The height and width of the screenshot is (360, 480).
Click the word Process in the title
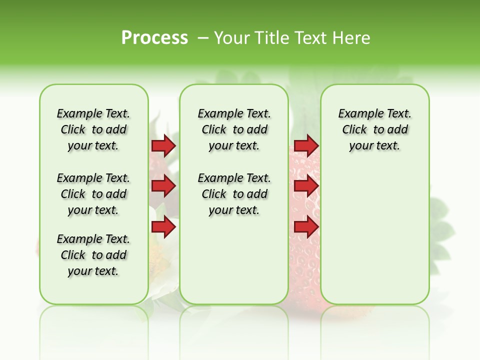point(154,38)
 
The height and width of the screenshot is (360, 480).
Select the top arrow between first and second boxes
point(163,145)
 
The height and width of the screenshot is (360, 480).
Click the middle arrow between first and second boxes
point(163,186)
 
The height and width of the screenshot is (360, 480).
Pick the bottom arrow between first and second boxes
point(163,227)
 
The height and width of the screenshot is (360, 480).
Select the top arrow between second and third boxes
point(306,145)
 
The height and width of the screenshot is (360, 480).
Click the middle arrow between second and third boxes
point(306,186)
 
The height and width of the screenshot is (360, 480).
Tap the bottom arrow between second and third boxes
point(306,227)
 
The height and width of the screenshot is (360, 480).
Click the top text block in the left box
point(93,129)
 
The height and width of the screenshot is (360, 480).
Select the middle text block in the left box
point(93,194)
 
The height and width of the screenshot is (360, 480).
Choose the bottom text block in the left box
point(93,255)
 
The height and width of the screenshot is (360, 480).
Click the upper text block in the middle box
point(234,129)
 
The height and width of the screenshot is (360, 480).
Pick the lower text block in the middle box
point(234,194)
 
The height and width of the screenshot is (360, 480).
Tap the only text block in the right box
point(374,129)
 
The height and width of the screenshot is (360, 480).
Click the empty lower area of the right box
point(374,240)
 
